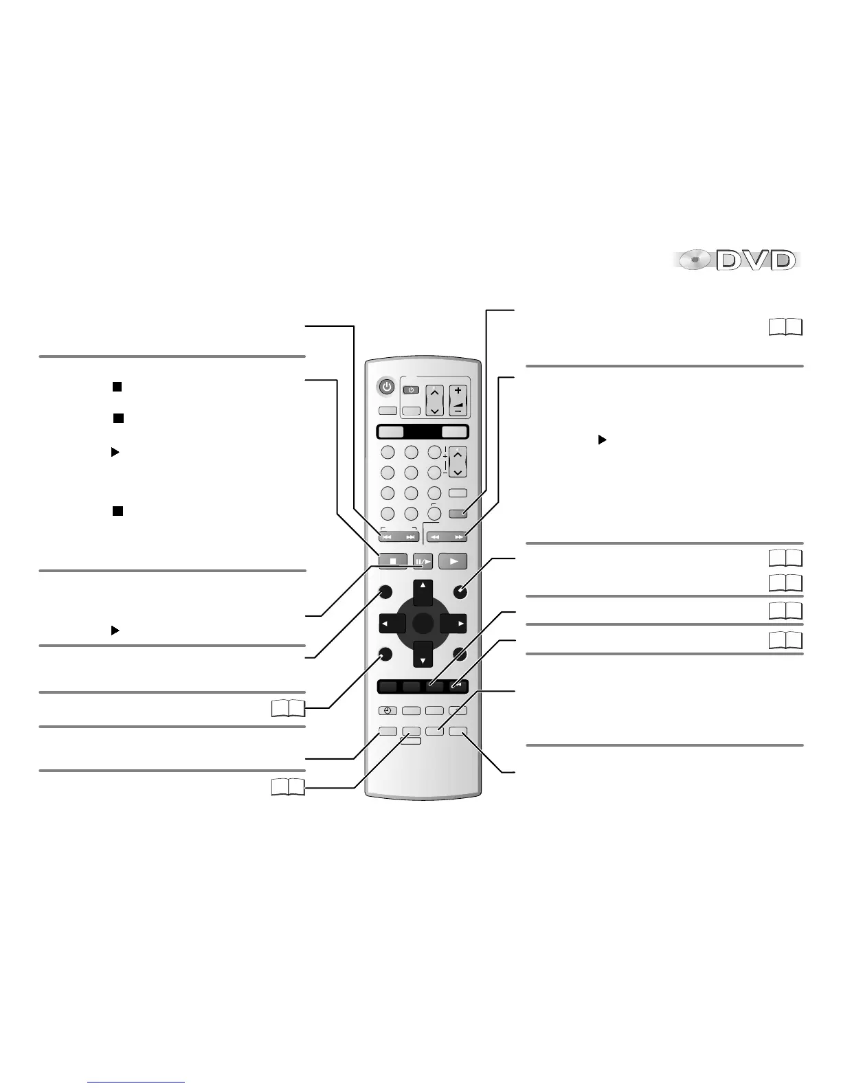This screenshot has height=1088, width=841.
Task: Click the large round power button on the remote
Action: coord(388,387)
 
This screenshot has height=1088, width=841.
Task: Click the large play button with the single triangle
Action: coord(453,561)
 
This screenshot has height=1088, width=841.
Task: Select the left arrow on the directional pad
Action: coord(392,624)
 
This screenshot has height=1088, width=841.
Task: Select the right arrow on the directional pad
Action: coord(453,624)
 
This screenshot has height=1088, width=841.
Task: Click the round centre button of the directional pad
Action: coord(423,624)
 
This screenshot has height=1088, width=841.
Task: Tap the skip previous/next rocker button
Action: coord(399,537)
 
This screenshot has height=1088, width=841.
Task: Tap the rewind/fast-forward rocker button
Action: coord(447,537)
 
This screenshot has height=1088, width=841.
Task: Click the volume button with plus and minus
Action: coord(458,400)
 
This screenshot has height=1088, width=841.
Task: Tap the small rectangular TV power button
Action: coord(411,389)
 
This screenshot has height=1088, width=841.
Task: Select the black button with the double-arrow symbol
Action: coord(457,685)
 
